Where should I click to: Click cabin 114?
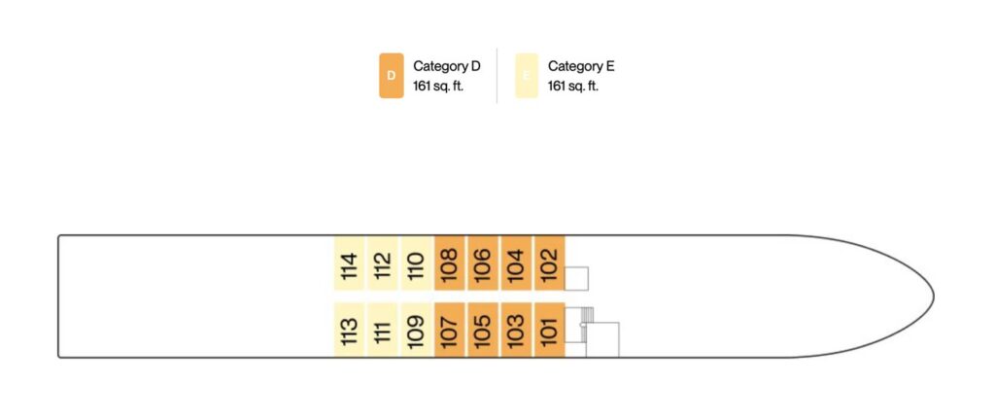pyautogui.click(x=349, y=263)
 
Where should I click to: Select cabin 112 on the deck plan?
pyautogui.click(x=383, y=263)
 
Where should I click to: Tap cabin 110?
pyautogui.click(x=416, y=263)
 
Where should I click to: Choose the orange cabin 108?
pyautogui.click(x=449, y=263)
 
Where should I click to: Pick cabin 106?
pyautogui.click(x=483, y=263)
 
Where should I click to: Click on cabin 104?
pyautogui.click(x=516, y=263)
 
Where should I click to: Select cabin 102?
pyautogui.click(x=549, y=263)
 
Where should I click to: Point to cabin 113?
pyautogui.click(x=349, y=330)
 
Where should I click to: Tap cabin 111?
pyautogui.click(x=383, y=330)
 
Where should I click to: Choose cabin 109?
pyautogui.click(x=416, y=330)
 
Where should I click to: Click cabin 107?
pyautogui.click(x=449, y=330)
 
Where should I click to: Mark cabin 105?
pyautogui.click(x=483, y=330)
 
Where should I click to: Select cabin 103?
pyautogui.click(x=516, y=330)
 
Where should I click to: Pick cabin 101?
pyautogui.click(x=549, y=330)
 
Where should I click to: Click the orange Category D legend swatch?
pyautogui.click(x=391, y=76)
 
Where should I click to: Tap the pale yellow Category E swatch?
pyautogui.click(x=527, y=76)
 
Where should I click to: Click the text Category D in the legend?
pyautogui.click(x=447, y=67)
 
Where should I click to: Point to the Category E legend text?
pyautogui.click(x=581, y=67)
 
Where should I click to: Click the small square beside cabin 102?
pyautogui.click(x=576, y=278)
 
